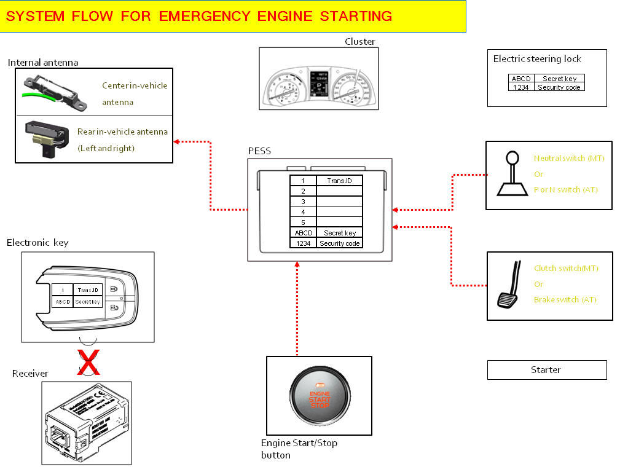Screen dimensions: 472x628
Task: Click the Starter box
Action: (546, 370)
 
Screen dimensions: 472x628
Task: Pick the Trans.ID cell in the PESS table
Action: (339, 181)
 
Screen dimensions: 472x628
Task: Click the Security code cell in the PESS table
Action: (339, 243)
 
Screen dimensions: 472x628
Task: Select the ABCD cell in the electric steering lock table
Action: (521, 79)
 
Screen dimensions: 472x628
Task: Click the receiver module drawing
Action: (86, 423)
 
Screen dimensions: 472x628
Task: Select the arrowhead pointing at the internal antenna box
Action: (177, 142)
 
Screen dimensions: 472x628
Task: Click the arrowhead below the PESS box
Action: (297, 264)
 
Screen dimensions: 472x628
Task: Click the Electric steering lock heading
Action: (537, 59)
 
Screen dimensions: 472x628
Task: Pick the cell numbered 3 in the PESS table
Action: (303, 202)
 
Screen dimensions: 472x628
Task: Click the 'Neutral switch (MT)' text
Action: (569, 158)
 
